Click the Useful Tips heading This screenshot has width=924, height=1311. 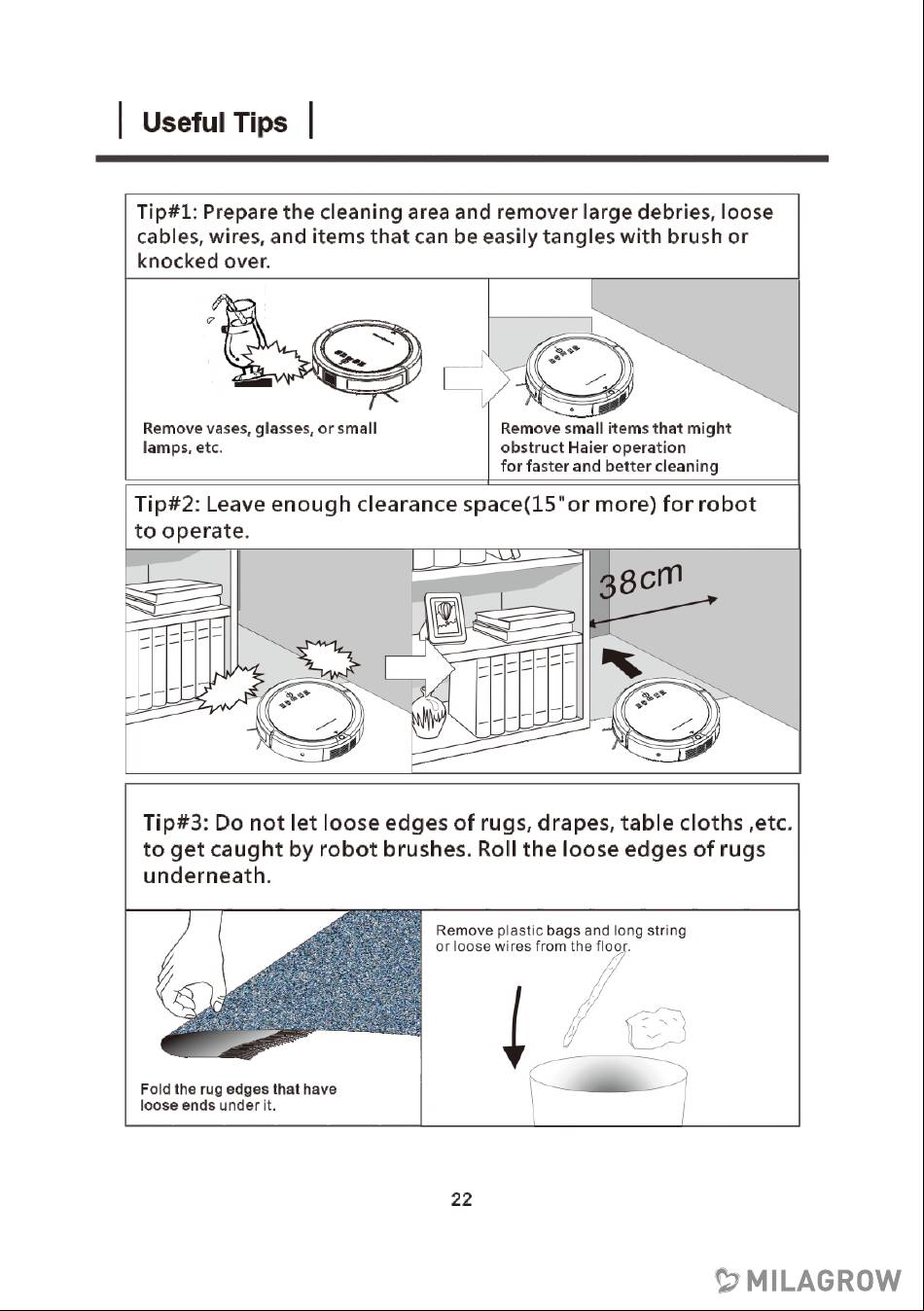point(214,123)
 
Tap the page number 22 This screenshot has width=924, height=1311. point(462,1199)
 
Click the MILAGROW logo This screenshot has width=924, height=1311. point(808,1281)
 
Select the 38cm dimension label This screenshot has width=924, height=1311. point(640,580)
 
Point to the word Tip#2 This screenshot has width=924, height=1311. point(165,505)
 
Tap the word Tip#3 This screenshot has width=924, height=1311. point(174,823)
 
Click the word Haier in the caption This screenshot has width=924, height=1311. point(587,448)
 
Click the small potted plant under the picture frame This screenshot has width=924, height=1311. point(429,721)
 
